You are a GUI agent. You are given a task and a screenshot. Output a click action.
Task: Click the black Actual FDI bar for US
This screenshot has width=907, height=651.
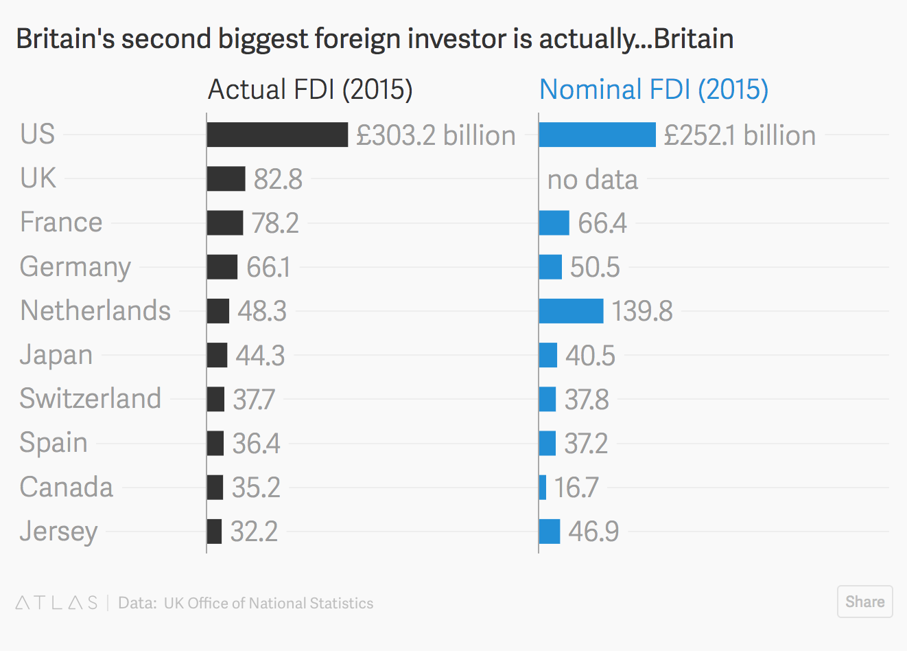(277, 135)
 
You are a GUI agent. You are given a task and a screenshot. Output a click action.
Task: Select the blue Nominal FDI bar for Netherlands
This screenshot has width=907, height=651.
(571, 311)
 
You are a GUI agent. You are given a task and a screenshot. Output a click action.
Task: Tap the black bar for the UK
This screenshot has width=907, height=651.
(226, 179)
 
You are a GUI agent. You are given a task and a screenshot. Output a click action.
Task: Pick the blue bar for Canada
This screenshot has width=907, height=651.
(543, 488)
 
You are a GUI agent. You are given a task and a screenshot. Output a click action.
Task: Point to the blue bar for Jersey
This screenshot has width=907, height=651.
(550, 532)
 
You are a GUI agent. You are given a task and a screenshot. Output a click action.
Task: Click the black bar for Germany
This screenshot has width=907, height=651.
(222, 267)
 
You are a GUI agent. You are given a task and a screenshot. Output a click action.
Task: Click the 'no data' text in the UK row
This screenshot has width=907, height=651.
(592, 179)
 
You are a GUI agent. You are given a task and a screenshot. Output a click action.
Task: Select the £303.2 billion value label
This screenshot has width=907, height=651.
(436, 135)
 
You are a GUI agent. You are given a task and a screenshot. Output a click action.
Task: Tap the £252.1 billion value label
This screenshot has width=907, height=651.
(740, 135)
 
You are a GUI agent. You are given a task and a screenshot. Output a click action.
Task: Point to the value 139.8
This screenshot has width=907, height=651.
(642, 311)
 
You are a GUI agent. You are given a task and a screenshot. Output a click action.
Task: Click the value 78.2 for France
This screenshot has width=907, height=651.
(275, 223)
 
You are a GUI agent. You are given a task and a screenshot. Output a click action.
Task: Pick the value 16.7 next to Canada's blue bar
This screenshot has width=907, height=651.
(576, 488)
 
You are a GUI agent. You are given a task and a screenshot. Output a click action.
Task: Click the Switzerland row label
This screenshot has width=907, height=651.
(91, 398)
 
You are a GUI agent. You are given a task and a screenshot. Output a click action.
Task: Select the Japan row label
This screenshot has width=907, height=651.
(56, 355)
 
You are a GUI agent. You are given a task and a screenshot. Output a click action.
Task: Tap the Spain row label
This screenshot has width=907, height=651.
(54, 443)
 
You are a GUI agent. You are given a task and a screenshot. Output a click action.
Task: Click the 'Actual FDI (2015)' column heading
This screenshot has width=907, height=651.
(310, 89)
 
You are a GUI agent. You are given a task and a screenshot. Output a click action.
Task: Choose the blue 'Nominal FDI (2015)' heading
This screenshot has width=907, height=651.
(653, 89)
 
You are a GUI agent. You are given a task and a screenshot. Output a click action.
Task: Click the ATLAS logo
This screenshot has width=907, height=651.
(57, 603)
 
